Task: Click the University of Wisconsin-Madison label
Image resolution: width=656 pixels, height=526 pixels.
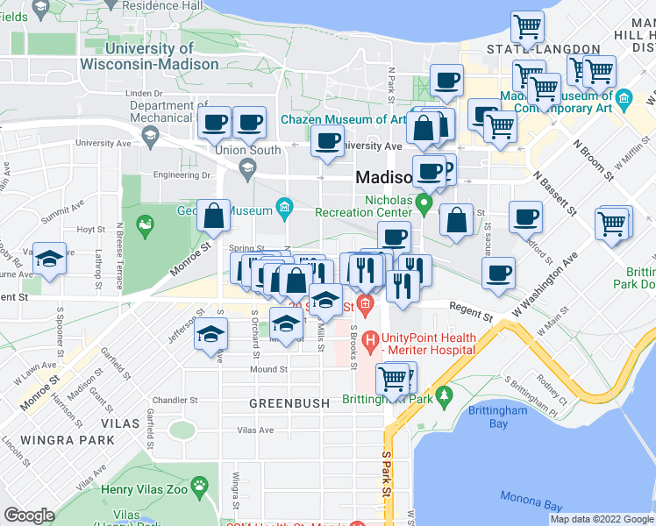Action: pos(149,56)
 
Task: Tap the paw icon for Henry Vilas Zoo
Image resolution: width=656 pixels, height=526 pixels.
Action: pos(203,484)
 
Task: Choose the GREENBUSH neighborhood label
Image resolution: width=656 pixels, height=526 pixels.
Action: pos(289,403)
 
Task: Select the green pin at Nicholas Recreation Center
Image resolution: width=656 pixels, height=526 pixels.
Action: pos(425,205)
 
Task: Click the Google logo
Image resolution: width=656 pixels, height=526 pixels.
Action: pos(30,515)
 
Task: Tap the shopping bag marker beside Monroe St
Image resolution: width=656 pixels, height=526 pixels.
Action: pos(213,215)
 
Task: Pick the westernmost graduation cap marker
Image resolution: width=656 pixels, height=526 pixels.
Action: pos(48,258)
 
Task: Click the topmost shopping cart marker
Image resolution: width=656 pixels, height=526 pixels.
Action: pos(527,27)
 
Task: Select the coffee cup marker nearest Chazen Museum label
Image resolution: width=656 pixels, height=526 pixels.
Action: pos(328,141)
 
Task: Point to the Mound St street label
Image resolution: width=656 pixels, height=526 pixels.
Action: pos(268,369)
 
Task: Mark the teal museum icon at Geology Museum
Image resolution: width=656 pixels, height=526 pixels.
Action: pos(283,207)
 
